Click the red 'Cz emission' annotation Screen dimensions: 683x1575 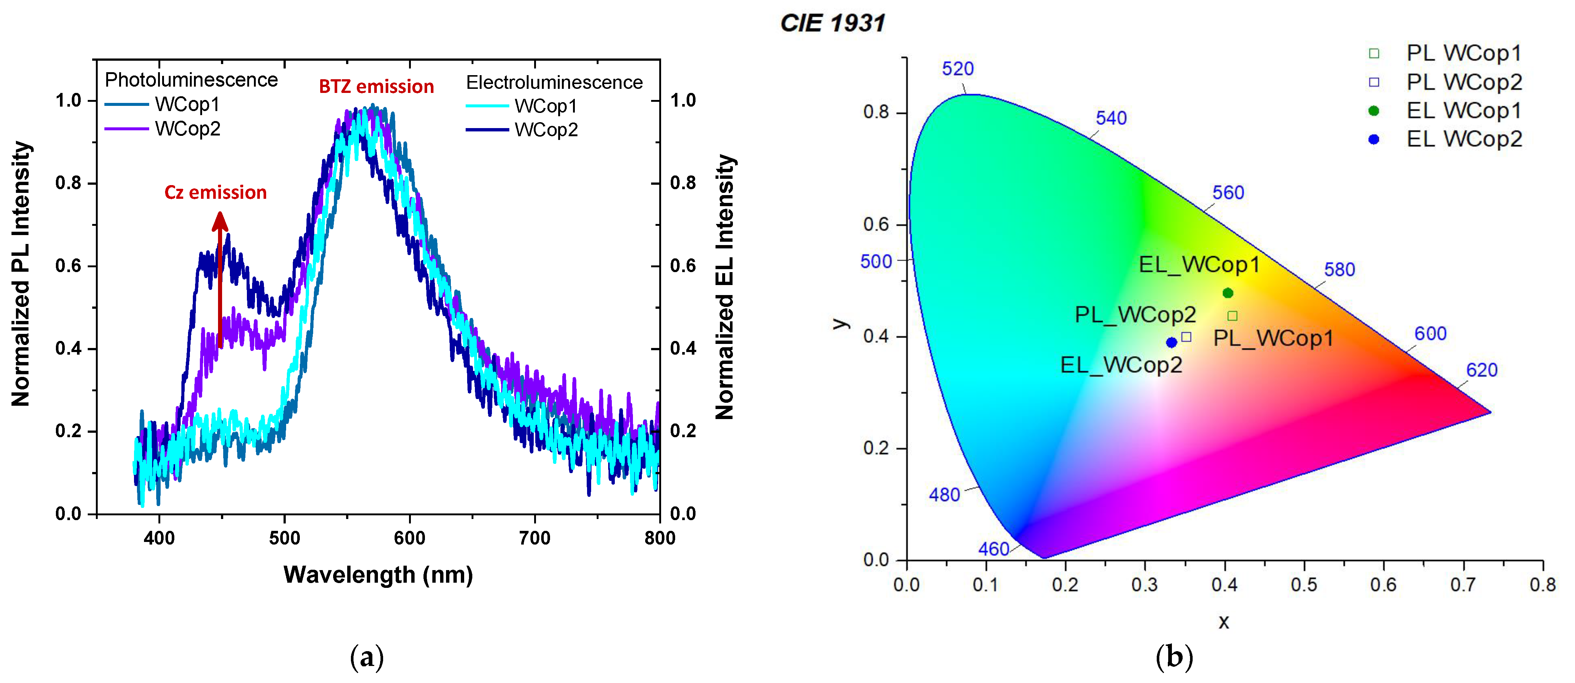point(215,192)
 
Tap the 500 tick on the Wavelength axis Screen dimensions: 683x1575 point(284,538)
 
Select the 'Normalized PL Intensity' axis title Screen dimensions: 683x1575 point(21,274)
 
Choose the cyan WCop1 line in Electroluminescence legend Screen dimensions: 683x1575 point(487,106)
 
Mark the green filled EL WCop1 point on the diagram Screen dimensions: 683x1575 point(1228,293)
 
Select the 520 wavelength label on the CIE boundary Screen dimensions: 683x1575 point(958,68)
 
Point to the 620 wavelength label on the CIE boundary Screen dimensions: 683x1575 point(1481,370)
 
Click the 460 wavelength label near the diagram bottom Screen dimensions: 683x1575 point(993,549)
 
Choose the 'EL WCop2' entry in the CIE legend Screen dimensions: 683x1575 point(1464,140)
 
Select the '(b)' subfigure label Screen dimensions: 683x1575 point(1174,657)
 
